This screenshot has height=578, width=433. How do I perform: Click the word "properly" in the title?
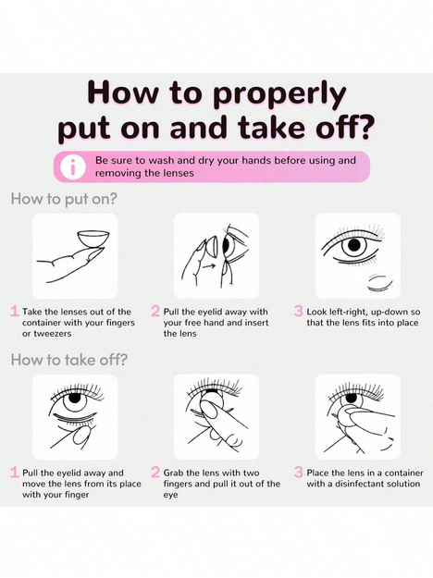[x=279, y=95]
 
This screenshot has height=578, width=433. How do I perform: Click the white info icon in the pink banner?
[x=73, y=166]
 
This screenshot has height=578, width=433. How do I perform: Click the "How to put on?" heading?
[x=64, y=199]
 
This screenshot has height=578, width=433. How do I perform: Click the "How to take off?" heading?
[x=69, y=360]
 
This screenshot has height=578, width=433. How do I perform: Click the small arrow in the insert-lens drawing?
[x=210, y=265]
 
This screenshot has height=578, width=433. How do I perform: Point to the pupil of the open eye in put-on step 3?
[x=354, y=244]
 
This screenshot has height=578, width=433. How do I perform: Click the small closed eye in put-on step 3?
[x=379, y=283]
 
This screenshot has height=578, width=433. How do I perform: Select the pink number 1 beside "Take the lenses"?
[x=15, y=311]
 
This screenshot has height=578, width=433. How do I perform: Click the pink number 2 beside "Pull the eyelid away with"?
[x=155, y=311]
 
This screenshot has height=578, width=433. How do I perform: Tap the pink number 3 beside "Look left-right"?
[x=298, y=311]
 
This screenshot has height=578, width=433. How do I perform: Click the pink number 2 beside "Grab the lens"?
[x=155, y=473]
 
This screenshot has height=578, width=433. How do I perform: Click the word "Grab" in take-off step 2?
[x=174, y=473]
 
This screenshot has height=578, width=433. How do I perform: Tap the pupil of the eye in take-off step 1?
[x=75, y=398]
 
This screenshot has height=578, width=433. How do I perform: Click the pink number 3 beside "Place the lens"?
[x=298, y=473]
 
